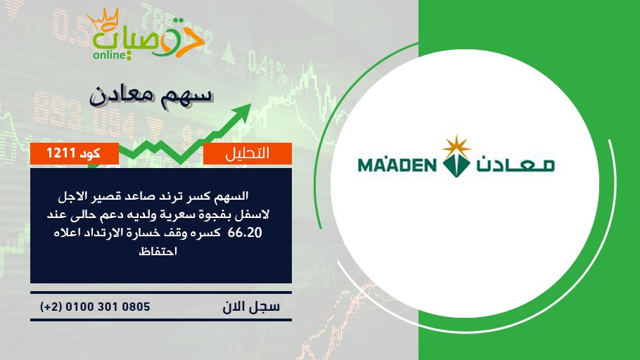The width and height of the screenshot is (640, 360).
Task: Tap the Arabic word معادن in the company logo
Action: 516,165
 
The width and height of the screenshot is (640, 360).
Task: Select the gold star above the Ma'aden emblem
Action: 456,146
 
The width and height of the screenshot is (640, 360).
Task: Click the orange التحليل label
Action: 248,153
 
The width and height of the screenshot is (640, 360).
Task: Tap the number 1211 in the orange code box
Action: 60,153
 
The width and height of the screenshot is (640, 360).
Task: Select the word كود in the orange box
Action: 90,153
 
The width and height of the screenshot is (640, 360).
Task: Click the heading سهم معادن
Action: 151,95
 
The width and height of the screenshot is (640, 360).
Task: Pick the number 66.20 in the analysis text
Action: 245,233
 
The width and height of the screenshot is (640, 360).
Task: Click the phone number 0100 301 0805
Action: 108,307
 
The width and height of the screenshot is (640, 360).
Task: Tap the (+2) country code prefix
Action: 51,307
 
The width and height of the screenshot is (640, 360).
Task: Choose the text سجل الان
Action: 251,307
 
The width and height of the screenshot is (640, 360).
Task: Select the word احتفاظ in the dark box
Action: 158,250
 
